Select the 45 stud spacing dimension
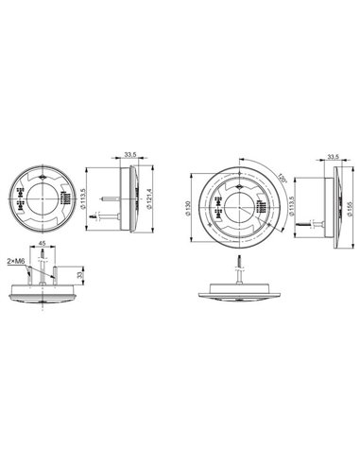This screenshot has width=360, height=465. click(43, 244)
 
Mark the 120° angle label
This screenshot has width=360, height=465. click(281, 179)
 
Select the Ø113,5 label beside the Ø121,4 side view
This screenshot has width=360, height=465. click(87, 201)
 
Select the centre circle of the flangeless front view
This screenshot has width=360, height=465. click(42, 200)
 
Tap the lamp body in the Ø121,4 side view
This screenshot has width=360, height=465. click(134, 200)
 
